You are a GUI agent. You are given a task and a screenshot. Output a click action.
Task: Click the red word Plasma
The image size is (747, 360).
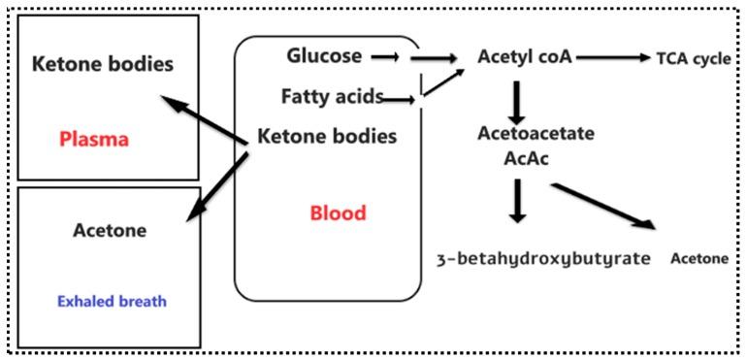(94, 139)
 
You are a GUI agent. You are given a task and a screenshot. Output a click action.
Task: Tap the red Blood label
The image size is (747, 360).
(338, 213)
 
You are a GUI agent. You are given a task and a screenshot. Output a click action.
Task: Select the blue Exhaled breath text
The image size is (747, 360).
(113, 301)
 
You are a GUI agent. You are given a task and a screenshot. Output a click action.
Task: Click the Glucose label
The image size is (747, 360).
(324, 55)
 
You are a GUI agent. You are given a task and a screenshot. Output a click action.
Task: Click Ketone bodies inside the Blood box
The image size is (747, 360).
(327, 136)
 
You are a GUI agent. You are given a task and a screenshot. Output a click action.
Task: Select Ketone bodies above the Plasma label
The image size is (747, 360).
(103, 65)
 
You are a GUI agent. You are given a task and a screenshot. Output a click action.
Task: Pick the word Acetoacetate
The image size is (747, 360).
(536, 133)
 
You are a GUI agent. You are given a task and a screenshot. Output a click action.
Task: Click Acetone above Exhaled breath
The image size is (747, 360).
(110, 230)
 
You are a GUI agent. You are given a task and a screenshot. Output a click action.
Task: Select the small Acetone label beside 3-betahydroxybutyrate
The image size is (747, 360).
(698, 259)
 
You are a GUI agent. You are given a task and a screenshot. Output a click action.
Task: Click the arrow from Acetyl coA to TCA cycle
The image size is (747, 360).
(614, 57)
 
